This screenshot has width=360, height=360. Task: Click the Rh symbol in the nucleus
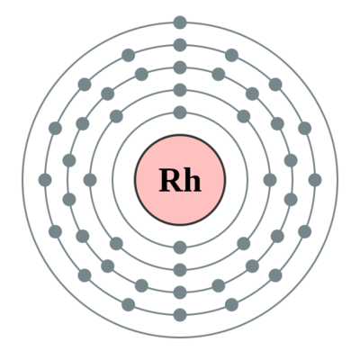(x=180, y=180)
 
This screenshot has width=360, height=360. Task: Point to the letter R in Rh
(x=170, y=180)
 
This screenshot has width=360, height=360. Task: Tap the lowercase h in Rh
(x=192, y=180)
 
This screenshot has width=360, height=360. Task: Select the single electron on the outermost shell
(x=180, y=22)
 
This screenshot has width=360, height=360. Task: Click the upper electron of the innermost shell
(x=180, y=112)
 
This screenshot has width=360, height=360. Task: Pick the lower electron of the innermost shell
(x=180, y=247)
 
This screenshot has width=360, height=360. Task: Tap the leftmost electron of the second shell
(x=90, y=180)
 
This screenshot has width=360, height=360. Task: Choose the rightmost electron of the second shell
(x=270, y=180)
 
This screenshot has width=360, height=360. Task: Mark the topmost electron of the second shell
(x=180, y=90)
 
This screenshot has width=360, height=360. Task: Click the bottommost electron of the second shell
(x=180, y=270)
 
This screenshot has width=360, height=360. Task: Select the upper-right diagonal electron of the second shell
(x=244, y=116)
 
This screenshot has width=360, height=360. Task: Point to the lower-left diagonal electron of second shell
(x=116, y=244)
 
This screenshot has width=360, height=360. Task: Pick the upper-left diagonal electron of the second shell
(x=116, y=116)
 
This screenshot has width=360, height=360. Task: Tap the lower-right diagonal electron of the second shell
(x=244, y=244)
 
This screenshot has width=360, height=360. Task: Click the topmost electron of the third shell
(x=180, y=67)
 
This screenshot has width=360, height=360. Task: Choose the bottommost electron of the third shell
(x=180, y=292)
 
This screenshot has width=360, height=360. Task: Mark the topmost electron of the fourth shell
(x=180, y=45)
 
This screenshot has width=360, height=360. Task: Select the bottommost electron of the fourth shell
(x=180, y=315)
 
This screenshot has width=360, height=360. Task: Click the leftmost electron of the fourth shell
(x=45, y=180)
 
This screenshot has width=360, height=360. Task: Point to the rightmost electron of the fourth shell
(x=315, y=180)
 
